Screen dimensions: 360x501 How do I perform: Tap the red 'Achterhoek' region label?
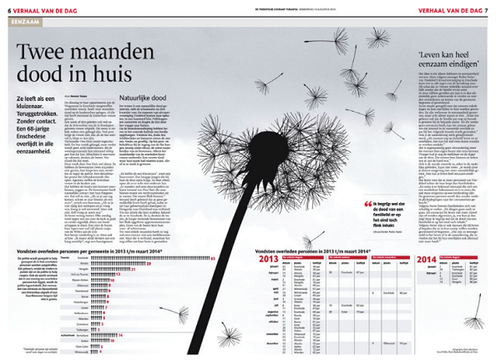pos(68,333)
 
